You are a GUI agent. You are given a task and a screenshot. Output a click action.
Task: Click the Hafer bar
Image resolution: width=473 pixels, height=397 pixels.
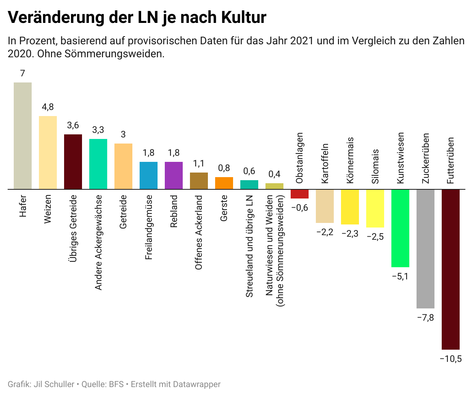[23, 136]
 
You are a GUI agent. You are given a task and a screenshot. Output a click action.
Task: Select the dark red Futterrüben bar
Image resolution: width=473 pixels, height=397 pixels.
[450, 269]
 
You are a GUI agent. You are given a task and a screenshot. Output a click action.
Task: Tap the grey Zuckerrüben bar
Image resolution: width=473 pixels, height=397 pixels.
[425, 249]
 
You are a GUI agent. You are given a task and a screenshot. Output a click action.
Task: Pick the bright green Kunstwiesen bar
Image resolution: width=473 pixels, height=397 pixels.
[400, 228]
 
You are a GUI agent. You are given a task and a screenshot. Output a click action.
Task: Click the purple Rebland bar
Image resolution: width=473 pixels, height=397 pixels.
[174, 175]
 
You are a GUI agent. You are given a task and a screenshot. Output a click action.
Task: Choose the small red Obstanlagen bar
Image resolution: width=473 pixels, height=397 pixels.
[299, 194]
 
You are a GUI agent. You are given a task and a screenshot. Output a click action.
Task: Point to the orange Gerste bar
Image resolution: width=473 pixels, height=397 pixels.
[224, 183]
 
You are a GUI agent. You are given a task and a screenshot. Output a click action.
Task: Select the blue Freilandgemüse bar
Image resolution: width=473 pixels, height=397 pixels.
[148, 175]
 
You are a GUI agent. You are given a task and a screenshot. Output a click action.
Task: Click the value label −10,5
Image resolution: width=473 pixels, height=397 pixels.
[450, 359]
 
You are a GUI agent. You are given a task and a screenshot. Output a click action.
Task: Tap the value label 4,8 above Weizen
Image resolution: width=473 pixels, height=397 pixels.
[48, 107]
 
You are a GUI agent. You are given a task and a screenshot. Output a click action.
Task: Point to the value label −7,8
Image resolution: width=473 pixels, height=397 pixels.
[425, 318]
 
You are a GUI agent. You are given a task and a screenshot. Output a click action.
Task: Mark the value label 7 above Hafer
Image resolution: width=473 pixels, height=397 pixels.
[23, 73]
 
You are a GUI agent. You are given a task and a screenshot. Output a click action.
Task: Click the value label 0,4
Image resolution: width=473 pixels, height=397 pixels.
[274, 174]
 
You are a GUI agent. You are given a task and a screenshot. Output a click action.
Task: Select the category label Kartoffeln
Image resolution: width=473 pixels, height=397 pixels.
[325, 163]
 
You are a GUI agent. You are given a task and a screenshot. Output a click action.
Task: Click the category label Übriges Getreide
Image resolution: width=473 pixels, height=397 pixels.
[73, 228]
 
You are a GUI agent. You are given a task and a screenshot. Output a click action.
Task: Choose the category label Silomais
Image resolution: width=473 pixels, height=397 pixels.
[375, 166]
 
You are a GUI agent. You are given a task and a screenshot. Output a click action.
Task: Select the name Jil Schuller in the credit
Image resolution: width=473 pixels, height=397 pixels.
[54, 384]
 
